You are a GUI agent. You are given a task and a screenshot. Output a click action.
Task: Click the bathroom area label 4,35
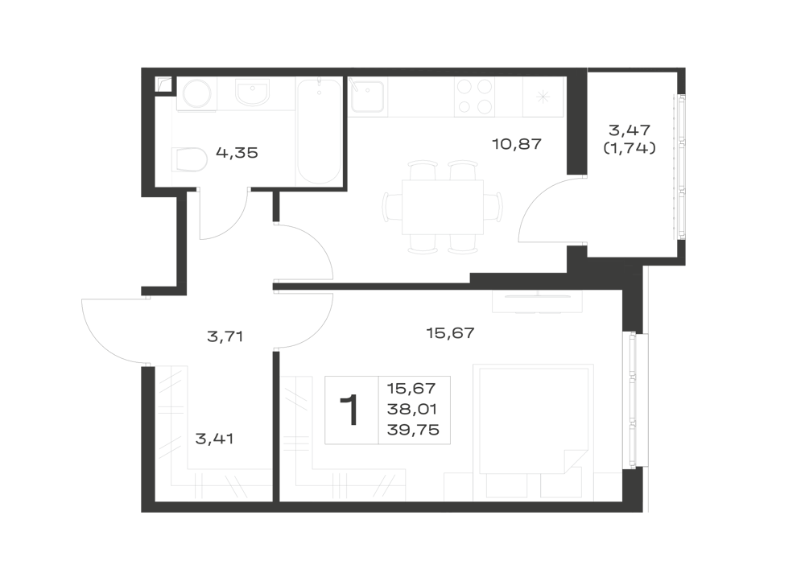click(237, 153)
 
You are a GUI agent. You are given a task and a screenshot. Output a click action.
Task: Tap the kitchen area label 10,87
click(517, 144)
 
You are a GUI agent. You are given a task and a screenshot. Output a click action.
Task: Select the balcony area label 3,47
click(629, 130)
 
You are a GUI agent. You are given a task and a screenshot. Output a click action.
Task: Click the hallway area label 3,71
click(225, 337)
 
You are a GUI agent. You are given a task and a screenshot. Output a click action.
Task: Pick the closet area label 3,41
click(215, 439)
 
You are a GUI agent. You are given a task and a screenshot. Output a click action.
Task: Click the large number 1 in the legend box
click(351, 410)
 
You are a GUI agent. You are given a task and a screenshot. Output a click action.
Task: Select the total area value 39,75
click(413, 430)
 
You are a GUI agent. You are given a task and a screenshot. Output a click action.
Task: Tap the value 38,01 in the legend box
click(411, 410)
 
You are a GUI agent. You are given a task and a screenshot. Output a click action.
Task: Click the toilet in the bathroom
click(190, 159)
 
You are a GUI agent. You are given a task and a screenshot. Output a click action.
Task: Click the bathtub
click(319, 131)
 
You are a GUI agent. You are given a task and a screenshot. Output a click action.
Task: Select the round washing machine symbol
click(196, 94)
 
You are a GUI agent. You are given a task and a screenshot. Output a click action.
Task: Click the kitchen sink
click(367, 96)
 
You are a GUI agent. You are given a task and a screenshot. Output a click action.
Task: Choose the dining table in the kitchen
click(443, 207)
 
